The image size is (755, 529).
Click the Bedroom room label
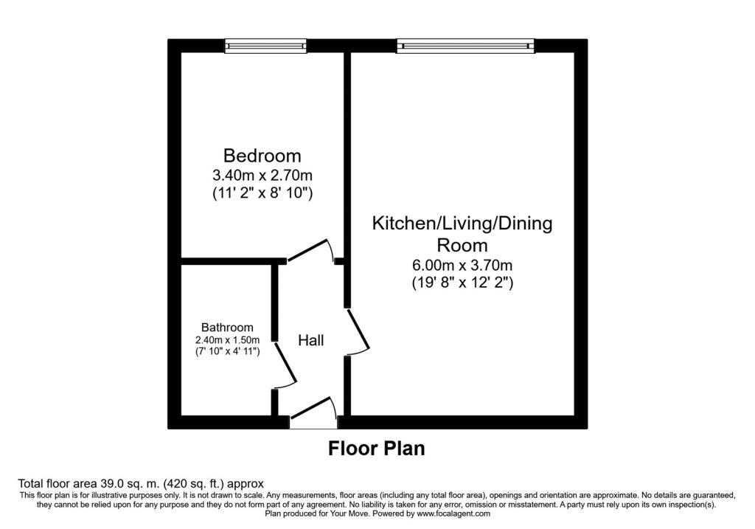(262, 156)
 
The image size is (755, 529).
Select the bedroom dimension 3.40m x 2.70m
(262, 174)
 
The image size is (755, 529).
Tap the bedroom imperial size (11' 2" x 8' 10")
(262, 193)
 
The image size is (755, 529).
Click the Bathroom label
(227, 328)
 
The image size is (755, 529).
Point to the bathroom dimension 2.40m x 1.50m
(227, 340)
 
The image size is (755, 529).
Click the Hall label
(310, 341)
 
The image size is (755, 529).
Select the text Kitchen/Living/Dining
(462, 224)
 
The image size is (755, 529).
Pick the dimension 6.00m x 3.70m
(462, 265)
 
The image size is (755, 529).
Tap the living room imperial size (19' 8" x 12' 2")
(462, 283)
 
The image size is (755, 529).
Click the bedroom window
(265, 46)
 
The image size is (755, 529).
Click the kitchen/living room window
(466, 46)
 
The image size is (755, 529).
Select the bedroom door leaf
(307, 251)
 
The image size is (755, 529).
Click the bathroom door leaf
(285, 363)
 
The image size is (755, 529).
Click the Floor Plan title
(377, 449)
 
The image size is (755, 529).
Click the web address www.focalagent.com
(453, 514)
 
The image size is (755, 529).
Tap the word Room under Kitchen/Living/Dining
(462, 245)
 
